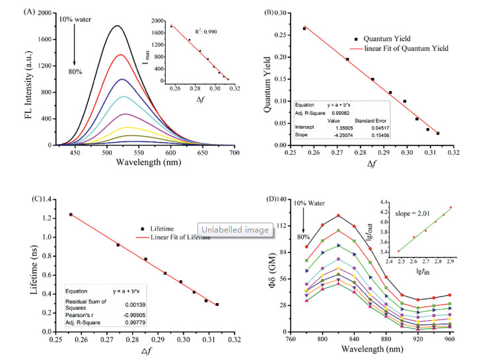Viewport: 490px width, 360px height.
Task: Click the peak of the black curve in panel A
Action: (x=118, y=26)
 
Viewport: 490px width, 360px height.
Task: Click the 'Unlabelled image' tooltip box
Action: (x=233, y=231)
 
